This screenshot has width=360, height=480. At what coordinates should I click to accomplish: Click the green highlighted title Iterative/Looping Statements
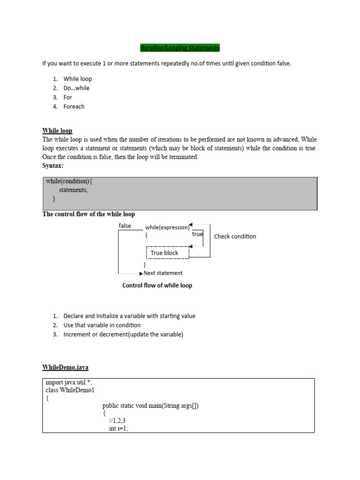click(180, 48)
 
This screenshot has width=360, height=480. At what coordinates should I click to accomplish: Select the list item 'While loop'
click(77, 79)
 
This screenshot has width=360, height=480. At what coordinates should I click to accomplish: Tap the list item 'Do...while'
click(76, 88)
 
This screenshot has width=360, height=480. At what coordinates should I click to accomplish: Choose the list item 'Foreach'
click(74, 106)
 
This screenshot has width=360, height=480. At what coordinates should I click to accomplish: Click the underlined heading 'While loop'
click(57, 131)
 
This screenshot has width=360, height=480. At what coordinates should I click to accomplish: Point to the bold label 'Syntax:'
click(52, 166)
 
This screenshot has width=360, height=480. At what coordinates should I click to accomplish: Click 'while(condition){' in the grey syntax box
click(72, 181)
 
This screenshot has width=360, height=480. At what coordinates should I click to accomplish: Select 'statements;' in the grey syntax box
click(73, 190)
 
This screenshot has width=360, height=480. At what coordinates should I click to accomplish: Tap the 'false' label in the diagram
click(125, 226)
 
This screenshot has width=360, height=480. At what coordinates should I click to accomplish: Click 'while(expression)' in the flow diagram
click(167, 227)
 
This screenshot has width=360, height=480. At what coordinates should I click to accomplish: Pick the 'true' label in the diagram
click(197, 234)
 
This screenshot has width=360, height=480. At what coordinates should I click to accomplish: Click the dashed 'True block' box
click(167, 253)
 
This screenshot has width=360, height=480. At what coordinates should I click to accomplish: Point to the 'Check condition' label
click(235, 236)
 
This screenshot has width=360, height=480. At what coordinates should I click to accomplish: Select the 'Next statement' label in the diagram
click(163, 273)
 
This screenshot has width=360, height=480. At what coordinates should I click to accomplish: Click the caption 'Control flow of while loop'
click(157, 285)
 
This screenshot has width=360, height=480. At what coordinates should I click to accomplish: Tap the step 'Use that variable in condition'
click(102, 325)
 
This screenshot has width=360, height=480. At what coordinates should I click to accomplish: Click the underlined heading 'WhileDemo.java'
click(65, 367)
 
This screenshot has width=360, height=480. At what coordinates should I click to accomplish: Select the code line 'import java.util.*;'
click(68, 382)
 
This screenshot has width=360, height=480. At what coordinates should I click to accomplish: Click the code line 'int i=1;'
click(118, 428)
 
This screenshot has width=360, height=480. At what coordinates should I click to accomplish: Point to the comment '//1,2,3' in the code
click(117, 421)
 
